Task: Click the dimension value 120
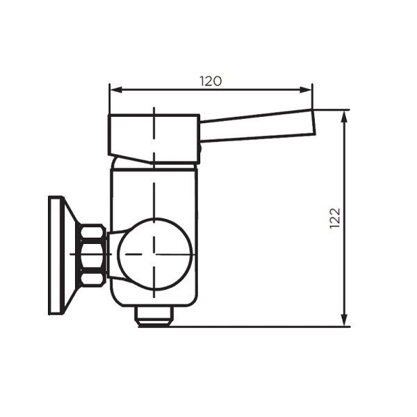[x=211, y=81]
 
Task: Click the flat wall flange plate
[x=55, y=255]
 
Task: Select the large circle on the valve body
[x=154, y=253]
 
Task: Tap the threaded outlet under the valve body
[x=154, y=318]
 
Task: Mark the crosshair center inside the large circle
[x=154, y=254]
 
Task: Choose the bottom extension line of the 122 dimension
[x=264, y=327]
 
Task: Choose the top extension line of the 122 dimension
[x=331, y=110]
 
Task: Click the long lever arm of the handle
[x=257, y=129]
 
